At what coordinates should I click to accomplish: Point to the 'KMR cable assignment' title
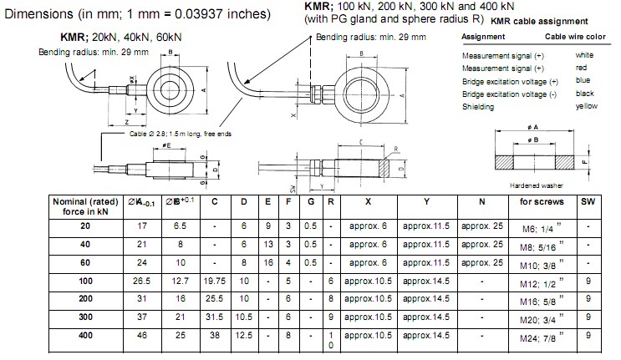coord(538,21)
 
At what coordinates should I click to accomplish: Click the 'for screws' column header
coord(542,201)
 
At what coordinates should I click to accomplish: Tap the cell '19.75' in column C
coord(215,280)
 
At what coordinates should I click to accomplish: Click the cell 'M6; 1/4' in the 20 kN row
coord(539,227)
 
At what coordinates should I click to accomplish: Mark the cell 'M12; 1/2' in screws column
coord(539,280)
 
